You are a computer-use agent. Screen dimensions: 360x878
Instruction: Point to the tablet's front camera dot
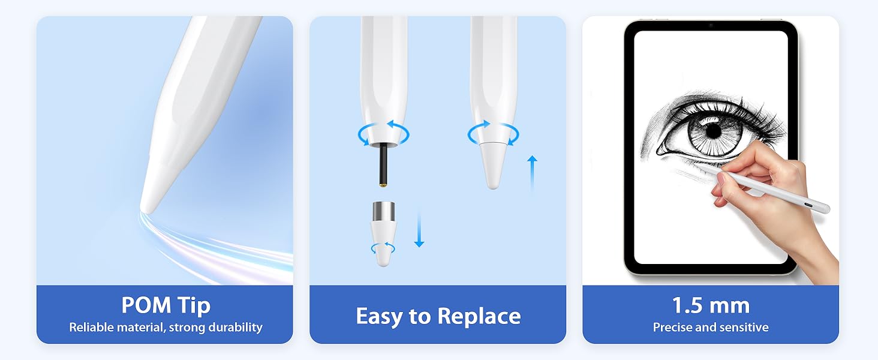[x=711, y=25]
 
